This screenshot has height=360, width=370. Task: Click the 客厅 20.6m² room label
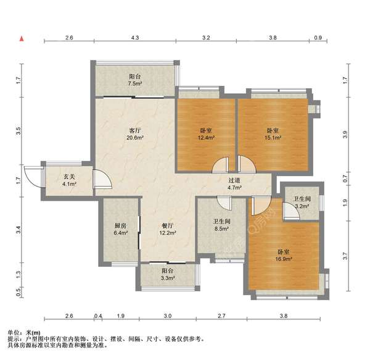pos(136,135)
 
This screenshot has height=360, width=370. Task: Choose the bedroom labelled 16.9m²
pos(284,256)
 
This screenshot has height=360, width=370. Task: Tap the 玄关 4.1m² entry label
pos(69,180)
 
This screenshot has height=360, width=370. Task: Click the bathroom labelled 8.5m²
pos(221,226)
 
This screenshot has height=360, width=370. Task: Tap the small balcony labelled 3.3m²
pos(167,275)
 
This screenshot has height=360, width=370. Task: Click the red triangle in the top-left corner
pos(22,39)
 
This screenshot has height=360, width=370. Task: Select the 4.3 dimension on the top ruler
pos(134,38)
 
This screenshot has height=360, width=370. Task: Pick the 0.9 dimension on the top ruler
pos(318,38)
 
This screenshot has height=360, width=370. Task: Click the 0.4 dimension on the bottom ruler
pos(98,317)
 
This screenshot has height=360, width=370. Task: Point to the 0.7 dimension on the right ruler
pos(346,180)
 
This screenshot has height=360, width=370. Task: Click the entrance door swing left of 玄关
pos(31,176)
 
